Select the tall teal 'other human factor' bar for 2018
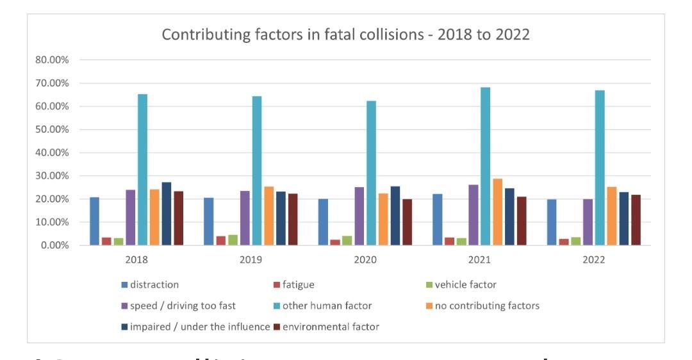click(142, 170)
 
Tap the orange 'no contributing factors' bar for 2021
click(497, 212)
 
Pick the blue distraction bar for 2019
click(209, 222)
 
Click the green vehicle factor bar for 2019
click(233, 240)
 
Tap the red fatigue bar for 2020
click(335, 243)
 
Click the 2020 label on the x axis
click(365, 260)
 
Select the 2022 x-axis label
click(593, 260)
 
